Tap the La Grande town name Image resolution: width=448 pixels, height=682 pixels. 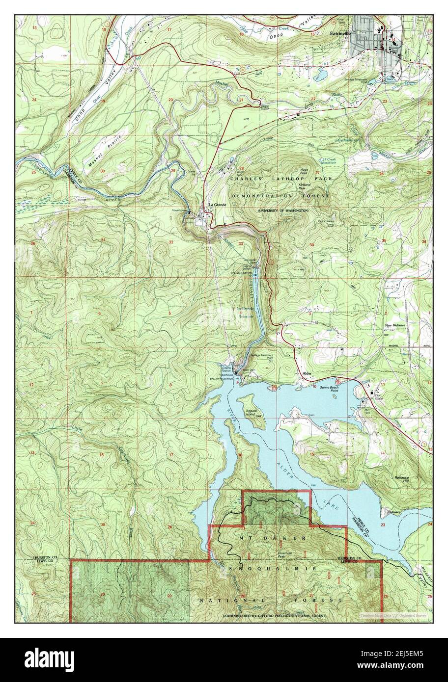coord(217,205)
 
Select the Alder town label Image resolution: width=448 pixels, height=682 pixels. coord(308,374)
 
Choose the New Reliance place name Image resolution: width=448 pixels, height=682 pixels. coord(396,325)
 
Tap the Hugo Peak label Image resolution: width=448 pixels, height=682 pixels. coord(303,172)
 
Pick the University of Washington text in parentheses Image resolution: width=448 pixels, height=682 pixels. coord(283,210)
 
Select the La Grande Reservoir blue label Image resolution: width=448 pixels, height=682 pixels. coord(243,312)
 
